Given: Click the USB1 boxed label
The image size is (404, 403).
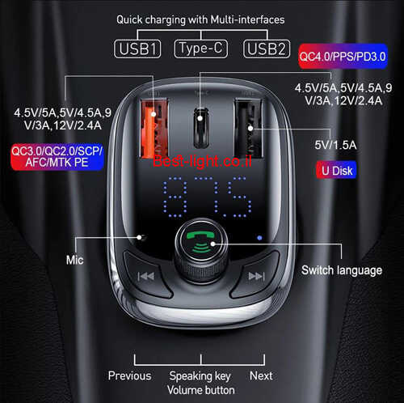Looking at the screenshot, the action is (137, 49).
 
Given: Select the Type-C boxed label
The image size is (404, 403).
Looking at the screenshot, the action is (201, 49).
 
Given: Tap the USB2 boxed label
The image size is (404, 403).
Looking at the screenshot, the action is (267, 49).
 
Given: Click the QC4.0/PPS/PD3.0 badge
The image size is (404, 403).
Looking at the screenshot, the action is (343, 56).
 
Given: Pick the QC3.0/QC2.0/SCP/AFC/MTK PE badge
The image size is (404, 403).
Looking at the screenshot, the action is (57, 157).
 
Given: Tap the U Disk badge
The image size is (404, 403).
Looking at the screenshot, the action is (337, 170).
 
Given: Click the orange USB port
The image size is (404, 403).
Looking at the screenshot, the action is (154, 129).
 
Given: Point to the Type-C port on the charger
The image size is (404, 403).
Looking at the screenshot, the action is (201, 128).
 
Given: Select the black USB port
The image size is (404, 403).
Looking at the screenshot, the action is (249, 129).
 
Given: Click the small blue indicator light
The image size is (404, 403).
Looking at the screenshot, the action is (259, 238).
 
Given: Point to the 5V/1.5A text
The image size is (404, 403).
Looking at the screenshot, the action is (335, 145).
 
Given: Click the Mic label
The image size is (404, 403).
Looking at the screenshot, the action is (74, 260).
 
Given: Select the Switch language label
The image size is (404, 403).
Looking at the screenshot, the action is (342, 270).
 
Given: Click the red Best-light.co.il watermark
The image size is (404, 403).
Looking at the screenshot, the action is (202, 161).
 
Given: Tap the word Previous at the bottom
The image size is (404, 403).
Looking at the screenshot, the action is (129, 375).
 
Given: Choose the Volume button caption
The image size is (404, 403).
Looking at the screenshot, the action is (201, 390).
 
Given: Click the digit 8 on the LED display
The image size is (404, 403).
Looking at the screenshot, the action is (175, 197).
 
